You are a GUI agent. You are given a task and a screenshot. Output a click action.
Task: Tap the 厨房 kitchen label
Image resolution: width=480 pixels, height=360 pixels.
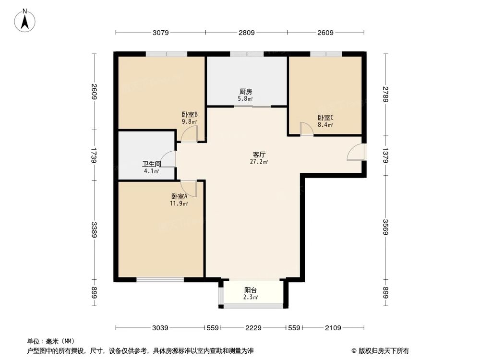(246, 92)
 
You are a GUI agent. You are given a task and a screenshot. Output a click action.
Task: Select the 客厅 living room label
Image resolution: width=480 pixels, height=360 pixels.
(260, 155)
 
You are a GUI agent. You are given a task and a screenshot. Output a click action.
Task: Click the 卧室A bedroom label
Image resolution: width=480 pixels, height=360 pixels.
(179, 196)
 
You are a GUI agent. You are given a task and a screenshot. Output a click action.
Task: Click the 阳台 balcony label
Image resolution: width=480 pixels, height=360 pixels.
(251, 290)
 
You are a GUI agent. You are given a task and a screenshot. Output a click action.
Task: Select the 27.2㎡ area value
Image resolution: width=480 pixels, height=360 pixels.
(260, 162)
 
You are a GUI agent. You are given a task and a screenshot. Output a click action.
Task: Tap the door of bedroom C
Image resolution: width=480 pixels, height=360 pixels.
(306, 129)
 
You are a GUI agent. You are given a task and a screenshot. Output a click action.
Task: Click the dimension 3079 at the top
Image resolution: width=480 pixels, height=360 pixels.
(161, 33)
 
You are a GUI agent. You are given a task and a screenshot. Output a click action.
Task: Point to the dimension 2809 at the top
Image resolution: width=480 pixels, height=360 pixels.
(246, 33)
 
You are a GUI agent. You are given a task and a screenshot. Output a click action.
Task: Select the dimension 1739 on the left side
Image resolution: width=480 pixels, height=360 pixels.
(95, 156)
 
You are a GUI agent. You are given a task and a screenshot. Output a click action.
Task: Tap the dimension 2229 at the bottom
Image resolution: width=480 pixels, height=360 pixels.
(253, 328)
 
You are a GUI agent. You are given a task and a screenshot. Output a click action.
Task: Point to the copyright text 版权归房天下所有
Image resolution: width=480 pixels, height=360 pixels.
(383, 350)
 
